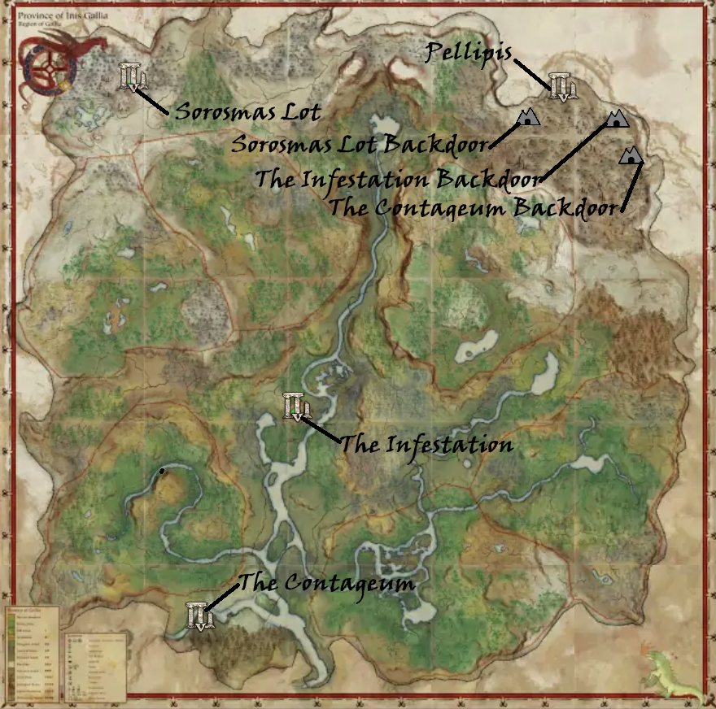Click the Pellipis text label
tap(469, 54)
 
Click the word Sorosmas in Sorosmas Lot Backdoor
tap(277, 146)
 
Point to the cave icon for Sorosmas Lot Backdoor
tap(529, 118)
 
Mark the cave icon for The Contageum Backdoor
tap(630, 156)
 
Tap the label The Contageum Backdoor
tap(472, 207)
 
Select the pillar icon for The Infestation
tap(295, 406)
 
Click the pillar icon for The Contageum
tap(199, 615)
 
